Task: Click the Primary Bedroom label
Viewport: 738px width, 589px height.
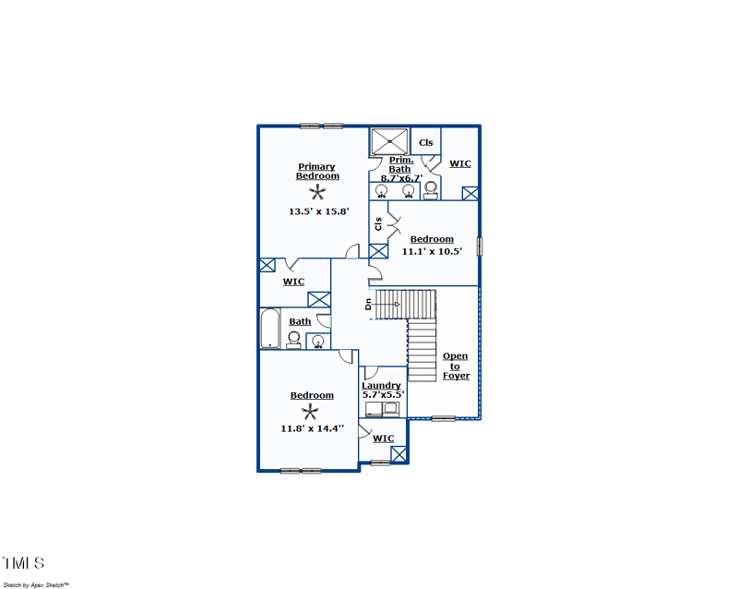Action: point(317,172)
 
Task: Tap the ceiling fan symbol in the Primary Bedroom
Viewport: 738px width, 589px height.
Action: point(318,192)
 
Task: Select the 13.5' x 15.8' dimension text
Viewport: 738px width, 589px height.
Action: point(318,211)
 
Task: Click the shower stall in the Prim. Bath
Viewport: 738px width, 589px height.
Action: point(389,142)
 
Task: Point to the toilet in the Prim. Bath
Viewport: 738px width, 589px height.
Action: point(431,190)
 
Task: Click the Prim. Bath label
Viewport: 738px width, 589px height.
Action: point(400,164)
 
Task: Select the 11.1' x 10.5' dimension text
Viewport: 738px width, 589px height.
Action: point(432,251)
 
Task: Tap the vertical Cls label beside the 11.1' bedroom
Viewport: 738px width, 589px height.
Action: point(377,223)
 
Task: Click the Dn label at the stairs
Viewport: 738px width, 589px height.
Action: point(367,303)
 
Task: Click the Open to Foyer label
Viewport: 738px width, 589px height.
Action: point(455,366)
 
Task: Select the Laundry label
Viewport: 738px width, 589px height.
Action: point(381,385)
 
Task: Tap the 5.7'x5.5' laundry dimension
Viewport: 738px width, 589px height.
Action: point(382,394)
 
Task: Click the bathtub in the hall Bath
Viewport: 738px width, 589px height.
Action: point(269,329)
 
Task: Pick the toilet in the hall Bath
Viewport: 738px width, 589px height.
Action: point(294,340)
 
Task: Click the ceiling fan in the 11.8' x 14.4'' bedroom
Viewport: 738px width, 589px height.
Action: point(312,412)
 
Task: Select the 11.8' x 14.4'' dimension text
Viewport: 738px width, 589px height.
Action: point(313,428)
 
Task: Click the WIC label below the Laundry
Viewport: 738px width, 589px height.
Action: point(383,439)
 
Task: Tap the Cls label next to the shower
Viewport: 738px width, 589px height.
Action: point(425,143)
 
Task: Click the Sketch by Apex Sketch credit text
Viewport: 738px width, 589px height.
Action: point(35,584)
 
